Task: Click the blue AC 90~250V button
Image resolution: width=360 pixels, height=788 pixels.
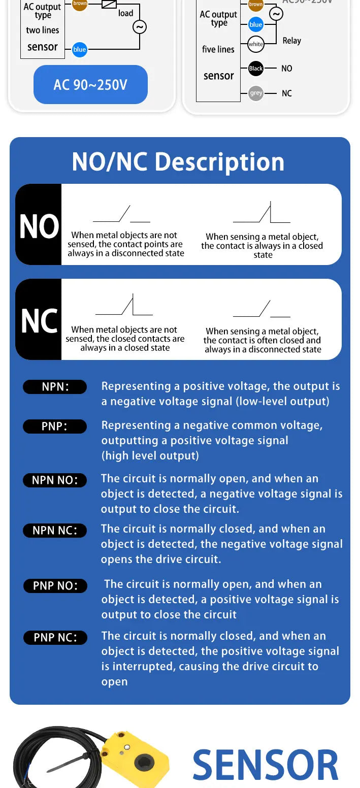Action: tap(90, 84)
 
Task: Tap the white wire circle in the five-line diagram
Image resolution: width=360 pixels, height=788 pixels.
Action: tap(256, 44)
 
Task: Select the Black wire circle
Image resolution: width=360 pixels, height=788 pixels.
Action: tap(256, 68)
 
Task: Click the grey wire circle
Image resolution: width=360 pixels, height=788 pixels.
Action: tap(256, 93)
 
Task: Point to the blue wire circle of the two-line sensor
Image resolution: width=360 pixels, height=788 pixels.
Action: tap(80, 49)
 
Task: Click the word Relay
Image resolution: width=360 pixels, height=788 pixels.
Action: tap(292, 41)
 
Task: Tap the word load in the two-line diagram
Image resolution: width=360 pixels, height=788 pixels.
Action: tap(125, 13)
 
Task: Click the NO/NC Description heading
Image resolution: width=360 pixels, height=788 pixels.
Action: tap(178, 162)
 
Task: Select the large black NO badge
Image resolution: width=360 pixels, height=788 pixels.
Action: tap(39, 224)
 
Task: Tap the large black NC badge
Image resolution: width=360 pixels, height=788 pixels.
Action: tap(39, 319)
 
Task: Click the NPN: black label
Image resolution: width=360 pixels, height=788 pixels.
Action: tap(55, 386)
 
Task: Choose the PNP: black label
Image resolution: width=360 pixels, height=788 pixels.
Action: tap(55, 426)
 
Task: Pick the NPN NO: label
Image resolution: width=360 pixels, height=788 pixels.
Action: tap(55, 480)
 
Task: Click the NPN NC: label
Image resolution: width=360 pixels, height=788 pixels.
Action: tap(55, 531)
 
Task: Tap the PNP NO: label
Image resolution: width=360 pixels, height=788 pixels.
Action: tap(55, 586)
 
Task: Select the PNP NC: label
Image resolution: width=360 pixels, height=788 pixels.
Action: tap(55, 637)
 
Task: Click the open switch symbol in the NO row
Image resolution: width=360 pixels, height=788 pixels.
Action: tap(121, 214)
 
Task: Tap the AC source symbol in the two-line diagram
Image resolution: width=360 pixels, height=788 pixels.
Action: tap(140, 27)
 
